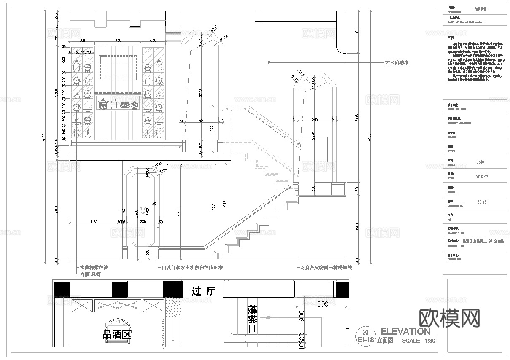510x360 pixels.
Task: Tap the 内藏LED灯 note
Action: tap(90, 274)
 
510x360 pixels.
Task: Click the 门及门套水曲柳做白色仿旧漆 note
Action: tap(189, 267)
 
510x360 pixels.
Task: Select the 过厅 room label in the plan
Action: tap(203, 291)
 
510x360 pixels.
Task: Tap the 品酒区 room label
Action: tap(117, 335)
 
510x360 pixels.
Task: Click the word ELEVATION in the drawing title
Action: tap(405, 331)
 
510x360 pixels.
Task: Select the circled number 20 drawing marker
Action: tap(365, 331)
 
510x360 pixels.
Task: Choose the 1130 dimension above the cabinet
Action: tap(117, 40)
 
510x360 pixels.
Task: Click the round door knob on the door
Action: tap(143, 210)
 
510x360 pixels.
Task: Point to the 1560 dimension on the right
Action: tap(357, 228)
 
